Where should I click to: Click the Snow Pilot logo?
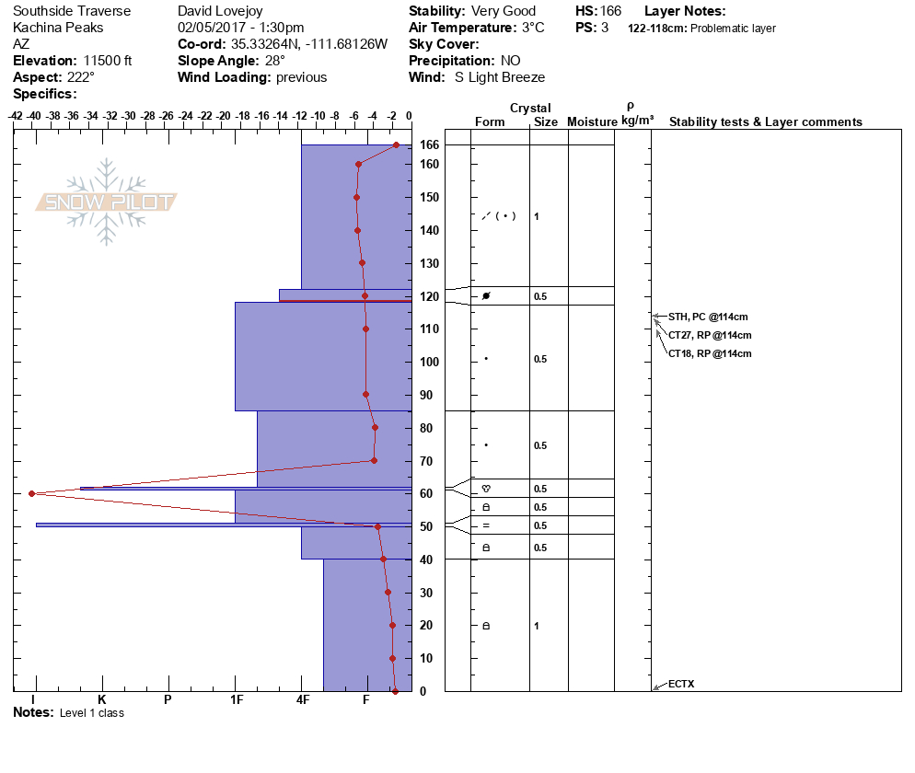[x=107, y=202]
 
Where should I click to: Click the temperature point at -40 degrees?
[x=32, y=493]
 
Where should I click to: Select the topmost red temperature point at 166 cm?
[x=396, y=144]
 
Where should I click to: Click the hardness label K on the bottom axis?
[x=101, y=700]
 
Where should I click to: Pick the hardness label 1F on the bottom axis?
[x=237, y=700]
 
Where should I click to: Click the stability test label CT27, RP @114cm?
[x=710, y=335]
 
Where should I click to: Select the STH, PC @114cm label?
[x=707, y=317]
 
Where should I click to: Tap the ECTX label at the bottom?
[x=681, y=684]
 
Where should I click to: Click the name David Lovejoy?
[x=221, y=11]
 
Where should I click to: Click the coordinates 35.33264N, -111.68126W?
[x=308, y=44]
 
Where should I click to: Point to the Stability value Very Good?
[x=503, y=11]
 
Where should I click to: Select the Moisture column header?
[x=591, y=121]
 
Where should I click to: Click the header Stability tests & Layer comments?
[x=765, y=121]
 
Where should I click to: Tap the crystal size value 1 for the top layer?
[x=537, y=216]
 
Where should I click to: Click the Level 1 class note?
[x=91, y=713]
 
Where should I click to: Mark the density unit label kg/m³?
[x=637, y=121]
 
